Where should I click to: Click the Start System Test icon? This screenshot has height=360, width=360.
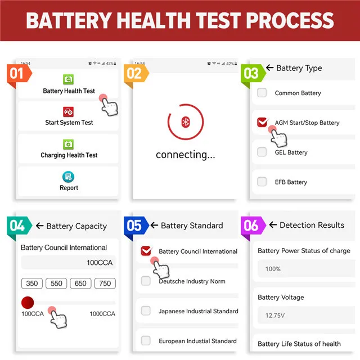pos(69,111)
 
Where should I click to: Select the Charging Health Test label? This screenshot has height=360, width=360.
pos(69,155)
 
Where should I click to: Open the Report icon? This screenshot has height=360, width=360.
pos(69,177)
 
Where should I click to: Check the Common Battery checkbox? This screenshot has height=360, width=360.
pos(262,93)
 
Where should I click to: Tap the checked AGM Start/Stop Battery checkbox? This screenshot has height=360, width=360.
pos(262,122)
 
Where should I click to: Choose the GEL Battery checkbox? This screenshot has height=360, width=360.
pos(262,152)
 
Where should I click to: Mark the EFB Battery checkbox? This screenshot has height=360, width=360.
pos(262,182)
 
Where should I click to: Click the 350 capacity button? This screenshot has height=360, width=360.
pos(32,283)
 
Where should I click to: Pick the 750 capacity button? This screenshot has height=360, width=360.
pos(105,283)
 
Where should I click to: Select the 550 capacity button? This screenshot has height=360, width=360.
pos(56,283)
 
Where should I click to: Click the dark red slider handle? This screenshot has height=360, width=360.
pos(28,303)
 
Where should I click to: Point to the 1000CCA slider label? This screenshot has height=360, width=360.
pos(103,314)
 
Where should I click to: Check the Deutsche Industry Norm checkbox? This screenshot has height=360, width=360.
pos(146,281)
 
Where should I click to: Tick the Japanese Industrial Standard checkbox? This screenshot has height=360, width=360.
pos(146,310)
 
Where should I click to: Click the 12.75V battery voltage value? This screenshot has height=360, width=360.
pos(274,316)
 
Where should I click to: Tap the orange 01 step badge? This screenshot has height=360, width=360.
pos(17,74)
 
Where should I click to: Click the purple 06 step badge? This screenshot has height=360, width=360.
pos(251,226)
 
